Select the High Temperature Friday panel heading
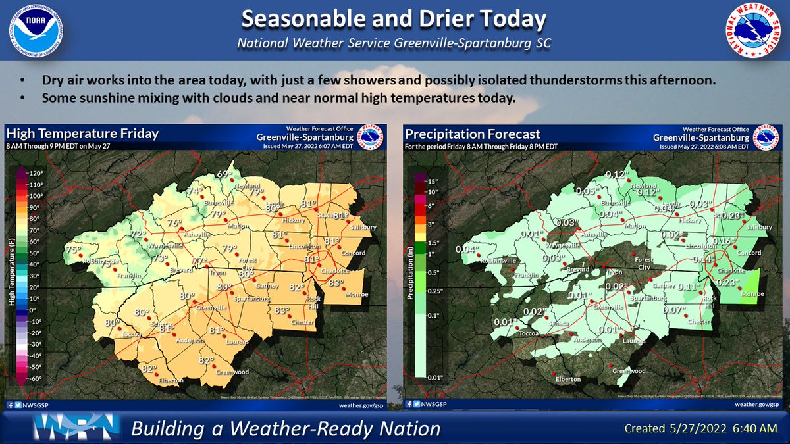click(x=82, y=134)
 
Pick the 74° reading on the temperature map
click(x=194, y=191)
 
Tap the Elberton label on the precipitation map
click(x=568, y=379)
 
